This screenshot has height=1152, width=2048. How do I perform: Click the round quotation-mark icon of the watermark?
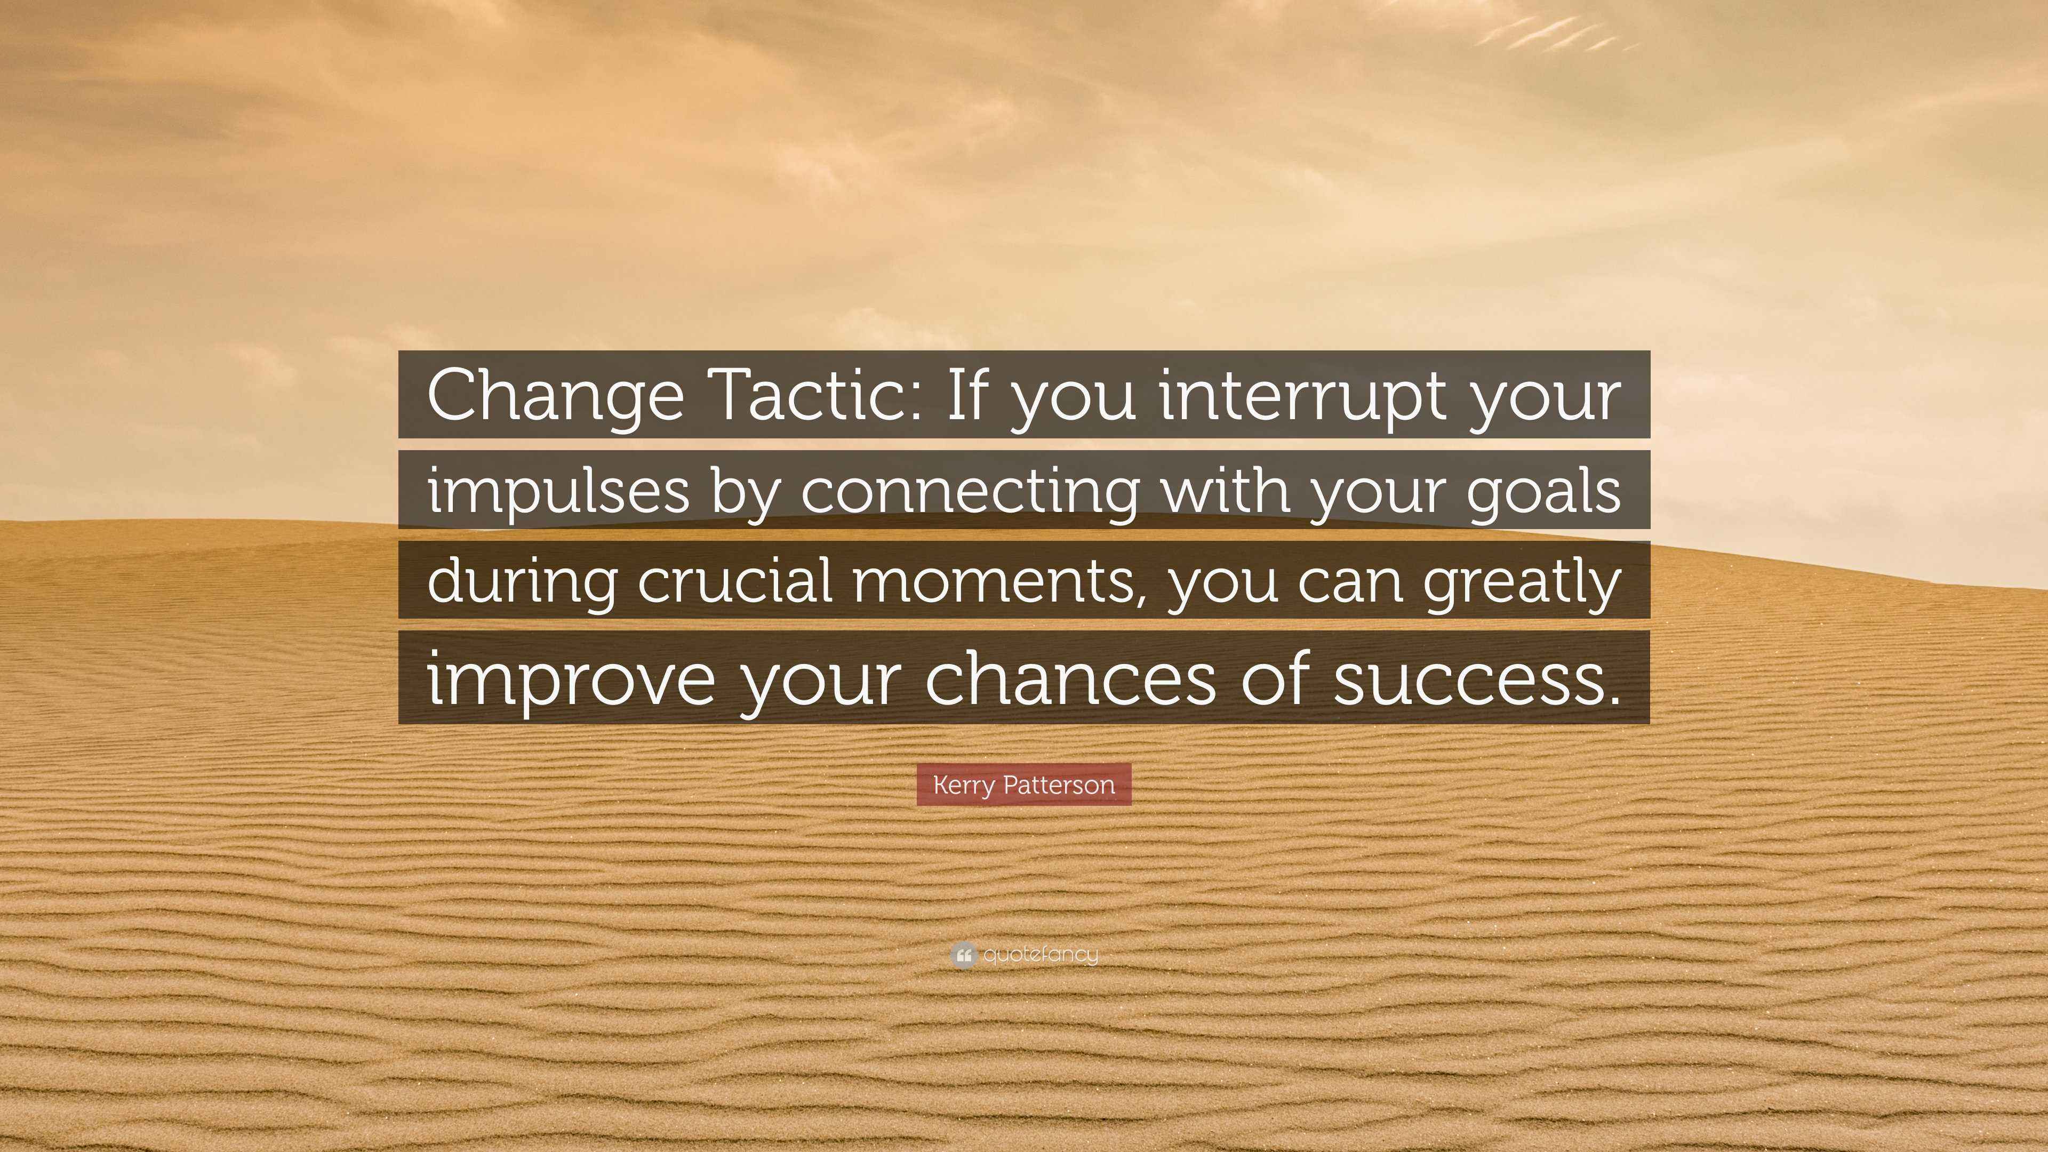[963, 955]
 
